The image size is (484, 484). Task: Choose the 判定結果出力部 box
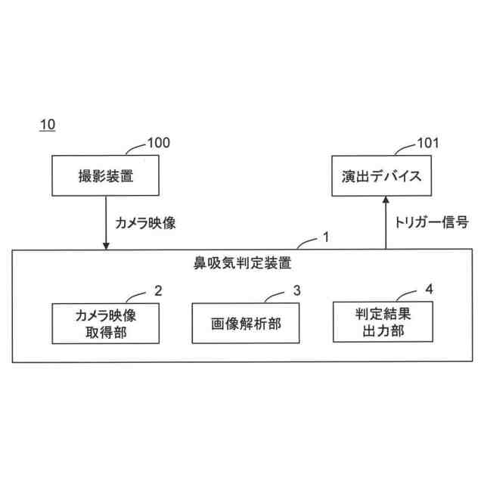(386, 324)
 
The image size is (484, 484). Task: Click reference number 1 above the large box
(325, 237)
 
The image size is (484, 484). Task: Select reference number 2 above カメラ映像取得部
(158, 290)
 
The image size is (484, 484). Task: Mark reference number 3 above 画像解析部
(297, 290)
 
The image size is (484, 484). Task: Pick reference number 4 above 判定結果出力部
(430, 290)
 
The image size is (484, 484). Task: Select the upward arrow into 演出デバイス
(386, 222)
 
